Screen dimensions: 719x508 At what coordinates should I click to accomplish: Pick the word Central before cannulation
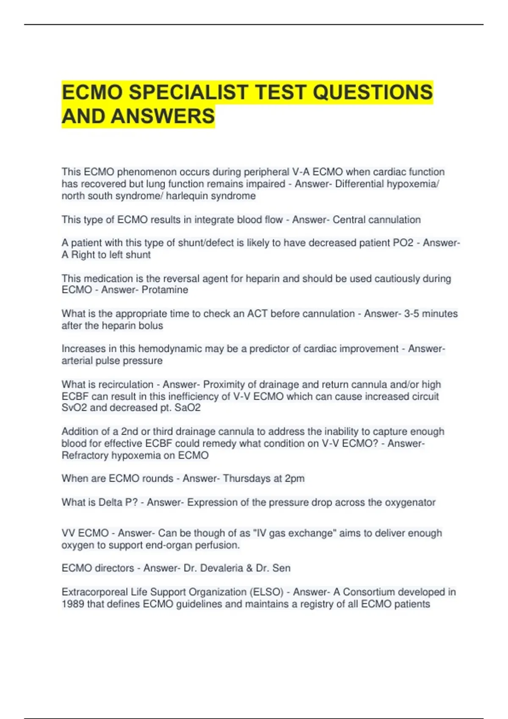(x=347, y=220)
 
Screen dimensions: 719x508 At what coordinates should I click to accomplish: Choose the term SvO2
(x=74, y=408)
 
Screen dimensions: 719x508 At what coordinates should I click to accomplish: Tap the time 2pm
(x=295, y=478)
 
